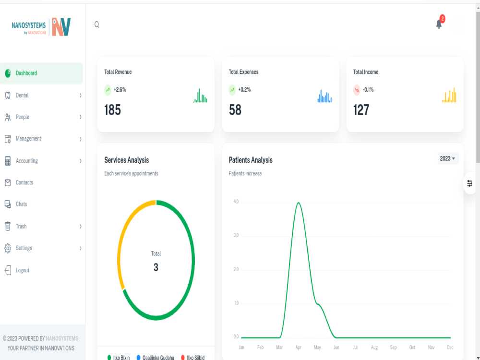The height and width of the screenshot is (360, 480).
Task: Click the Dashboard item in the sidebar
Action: [x=41, y=73]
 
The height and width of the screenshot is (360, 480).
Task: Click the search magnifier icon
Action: [x=97, y=24]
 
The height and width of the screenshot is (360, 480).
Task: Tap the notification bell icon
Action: [x=439, y=24]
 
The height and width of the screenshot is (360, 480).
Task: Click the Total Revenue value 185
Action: [x=113, y=110]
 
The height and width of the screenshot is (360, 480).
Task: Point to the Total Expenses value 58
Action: [x=235, y=110]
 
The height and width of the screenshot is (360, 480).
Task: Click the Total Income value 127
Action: [x=361, y=110]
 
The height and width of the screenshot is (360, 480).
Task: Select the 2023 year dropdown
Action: [x=447, y=158]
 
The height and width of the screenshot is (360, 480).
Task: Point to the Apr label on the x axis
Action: [x=299, y=348]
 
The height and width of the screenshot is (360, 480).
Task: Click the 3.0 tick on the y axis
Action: [x=236, y=235]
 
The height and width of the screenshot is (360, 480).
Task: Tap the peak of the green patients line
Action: [x=299, y=203]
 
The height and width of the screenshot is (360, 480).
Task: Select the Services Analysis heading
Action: [x=126, y=160]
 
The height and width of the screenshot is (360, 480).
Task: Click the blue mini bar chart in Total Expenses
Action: [x=324, y=96]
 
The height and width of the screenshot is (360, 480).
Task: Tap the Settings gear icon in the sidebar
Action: [x=8, y=248]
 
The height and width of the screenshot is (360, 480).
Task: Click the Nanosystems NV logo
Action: [x=41, y=27]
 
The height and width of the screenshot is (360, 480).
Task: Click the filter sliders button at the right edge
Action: [x=469, y=183]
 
